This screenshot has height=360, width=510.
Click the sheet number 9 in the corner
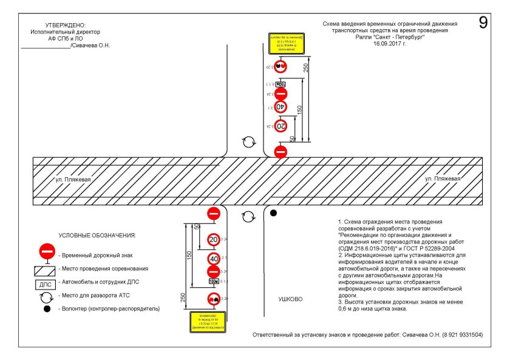click(x=484, y=22)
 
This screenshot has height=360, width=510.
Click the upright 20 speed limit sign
click(x=214, y=239)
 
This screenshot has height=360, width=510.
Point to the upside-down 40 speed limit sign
click(x=280, y=106)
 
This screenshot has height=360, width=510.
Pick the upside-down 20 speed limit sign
click(x=280, y=126)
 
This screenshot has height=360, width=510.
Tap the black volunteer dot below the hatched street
click(x=274, y=213)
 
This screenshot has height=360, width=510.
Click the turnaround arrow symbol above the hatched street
click(x=248, y=142)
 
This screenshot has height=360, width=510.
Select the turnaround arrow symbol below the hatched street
click(x=247, y=217)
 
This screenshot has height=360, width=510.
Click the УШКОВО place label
click(x=290, y=299)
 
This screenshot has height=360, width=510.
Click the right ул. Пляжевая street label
click(x=443, y=179)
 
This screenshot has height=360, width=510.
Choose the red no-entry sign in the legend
click(x=47, y=251)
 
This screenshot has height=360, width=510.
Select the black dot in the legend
click(x=47, y=308)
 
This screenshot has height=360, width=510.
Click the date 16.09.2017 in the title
click(x=390, y=43)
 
